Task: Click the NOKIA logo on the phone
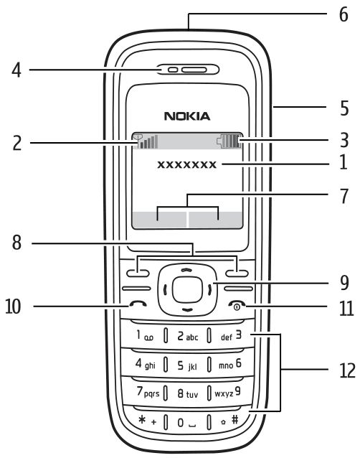pos(187,116)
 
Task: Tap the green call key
pos(138,304)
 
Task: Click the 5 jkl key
pos(187,365)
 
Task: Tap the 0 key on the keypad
pos(187,422)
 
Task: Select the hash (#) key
pos(230,421)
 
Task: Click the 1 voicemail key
pos(144,335)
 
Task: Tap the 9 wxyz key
pos(228,392)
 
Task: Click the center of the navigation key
pos(187,289)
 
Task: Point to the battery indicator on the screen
pos(230,141)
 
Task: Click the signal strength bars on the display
pos(146,141)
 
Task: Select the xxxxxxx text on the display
pos(187,164)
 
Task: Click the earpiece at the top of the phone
pos(188,70)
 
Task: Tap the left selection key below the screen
pos(138,274)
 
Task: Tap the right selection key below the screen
pos(237,274)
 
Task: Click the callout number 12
pos(348,370)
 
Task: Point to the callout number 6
pos(344,14)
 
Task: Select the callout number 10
pos(13,307)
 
